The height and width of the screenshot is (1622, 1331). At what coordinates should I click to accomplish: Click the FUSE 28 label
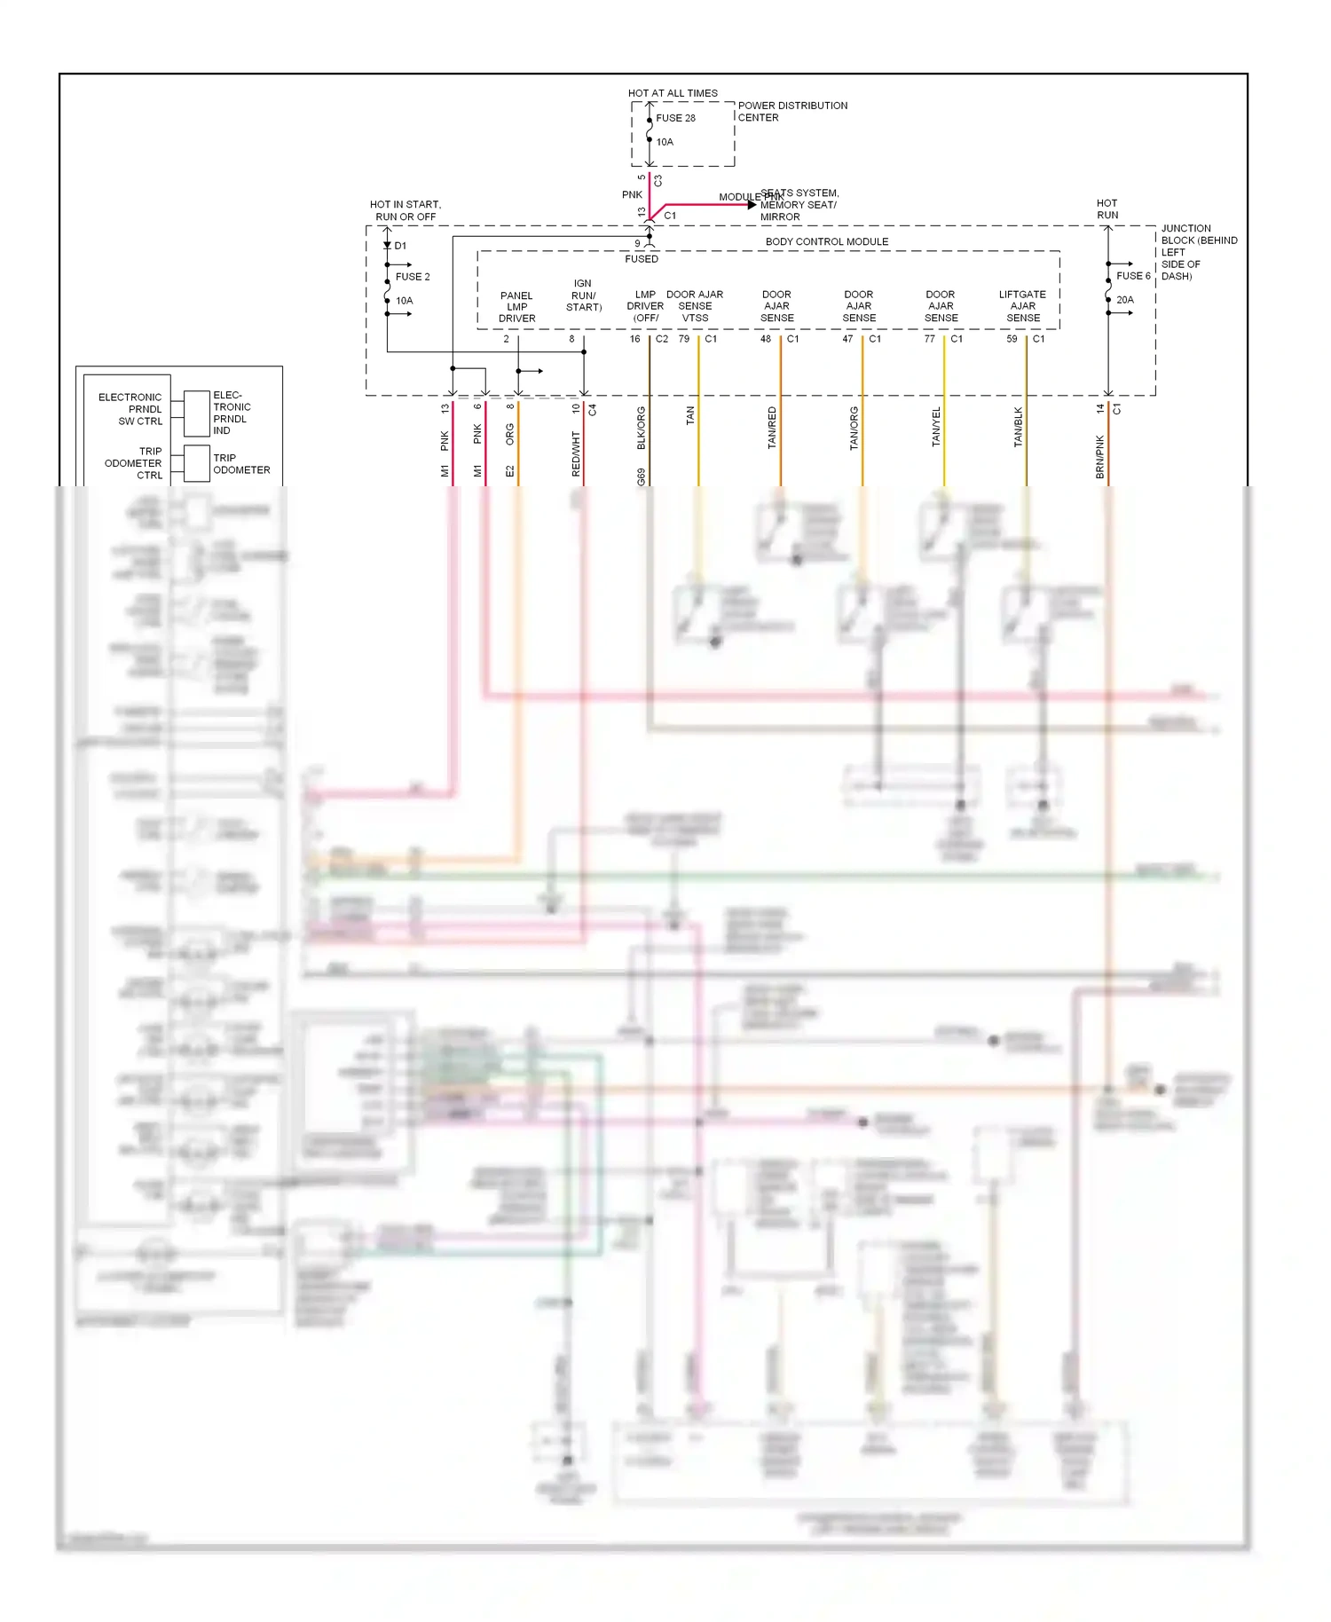click(675, 118)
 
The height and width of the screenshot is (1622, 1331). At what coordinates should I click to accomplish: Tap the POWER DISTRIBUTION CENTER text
click(792, 111)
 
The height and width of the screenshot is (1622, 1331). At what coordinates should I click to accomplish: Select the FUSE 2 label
click(413, 277)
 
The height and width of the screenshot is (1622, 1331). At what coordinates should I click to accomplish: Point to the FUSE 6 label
click(1133, 276)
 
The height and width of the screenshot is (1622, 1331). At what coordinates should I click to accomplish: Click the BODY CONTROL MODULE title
click(826, 241)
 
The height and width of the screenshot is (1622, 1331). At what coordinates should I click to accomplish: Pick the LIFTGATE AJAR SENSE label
click(1022, 306)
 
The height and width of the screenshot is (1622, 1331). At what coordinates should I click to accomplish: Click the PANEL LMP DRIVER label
click(516, 307)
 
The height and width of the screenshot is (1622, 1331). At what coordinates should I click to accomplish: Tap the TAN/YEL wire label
click(936, 427)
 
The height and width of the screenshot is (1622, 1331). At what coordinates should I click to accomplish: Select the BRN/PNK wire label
click(1100, 457)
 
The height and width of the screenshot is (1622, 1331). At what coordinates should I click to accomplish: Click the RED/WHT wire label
click(576, 454)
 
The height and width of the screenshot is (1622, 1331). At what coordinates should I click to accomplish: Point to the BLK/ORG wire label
click(642, 428)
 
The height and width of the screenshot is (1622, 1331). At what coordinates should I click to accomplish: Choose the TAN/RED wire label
click(772, 428)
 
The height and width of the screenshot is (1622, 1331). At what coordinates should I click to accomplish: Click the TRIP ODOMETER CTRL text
click(134, 463)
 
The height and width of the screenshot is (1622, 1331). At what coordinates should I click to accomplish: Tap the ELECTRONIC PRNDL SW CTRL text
click(131, 409)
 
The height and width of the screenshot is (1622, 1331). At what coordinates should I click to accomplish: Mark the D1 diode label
click(400, 246)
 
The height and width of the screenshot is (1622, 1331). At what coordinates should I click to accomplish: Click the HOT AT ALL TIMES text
click(673, 93)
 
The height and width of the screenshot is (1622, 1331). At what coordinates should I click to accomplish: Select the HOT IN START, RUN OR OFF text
click(406, 210)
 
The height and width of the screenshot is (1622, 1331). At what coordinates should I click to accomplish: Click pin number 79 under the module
click(683, 339)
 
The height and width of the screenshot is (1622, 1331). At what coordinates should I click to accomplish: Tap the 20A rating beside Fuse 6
click(1124, 300)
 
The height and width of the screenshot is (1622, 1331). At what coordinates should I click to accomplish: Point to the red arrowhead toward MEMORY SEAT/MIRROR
click(752, 205)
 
